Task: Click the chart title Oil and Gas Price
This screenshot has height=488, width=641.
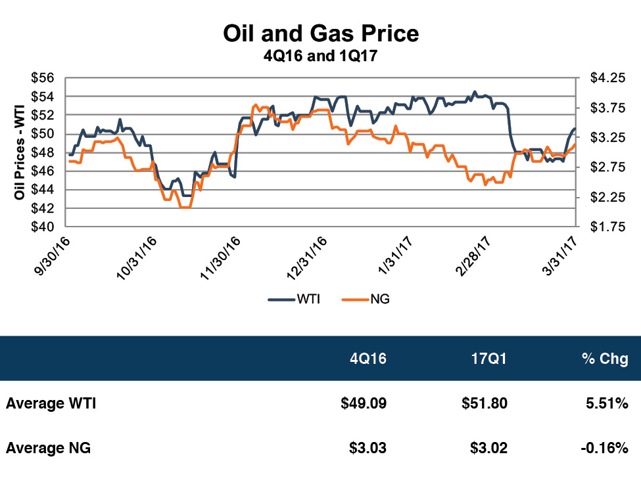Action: (320, 33)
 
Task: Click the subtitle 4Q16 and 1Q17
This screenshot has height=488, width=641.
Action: (320, 56)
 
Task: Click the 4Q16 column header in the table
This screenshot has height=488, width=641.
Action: (368, 359)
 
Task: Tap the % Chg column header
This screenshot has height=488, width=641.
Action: (605, 359)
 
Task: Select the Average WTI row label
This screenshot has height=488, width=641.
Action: (51, 404)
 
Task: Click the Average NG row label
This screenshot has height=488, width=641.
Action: (48, 449)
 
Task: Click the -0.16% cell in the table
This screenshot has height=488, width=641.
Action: (603, 449)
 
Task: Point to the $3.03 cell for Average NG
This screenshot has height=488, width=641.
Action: (368, 449)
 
